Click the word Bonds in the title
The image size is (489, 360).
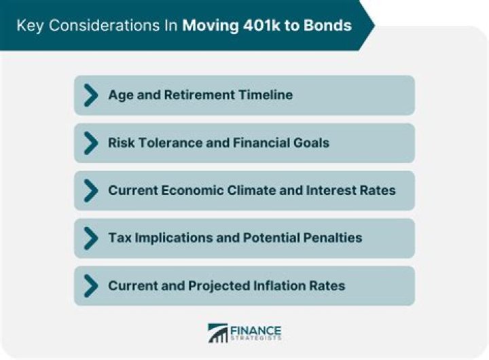[328, 26]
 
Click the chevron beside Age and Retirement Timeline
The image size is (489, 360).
[90, 95]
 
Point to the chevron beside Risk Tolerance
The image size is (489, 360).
[90, 143]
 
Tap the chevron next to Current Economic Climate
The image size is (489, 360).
[90, 190]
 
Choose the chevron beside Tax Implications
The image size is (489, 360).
[90, 238]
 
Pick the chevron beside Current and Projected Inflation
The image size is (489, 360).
[90, 285]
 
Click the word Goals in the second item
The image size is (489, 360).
[310, 143]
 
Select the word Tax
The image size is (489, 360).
[120, 238]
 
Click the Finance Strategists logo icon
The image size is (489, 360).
[218, 333]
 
